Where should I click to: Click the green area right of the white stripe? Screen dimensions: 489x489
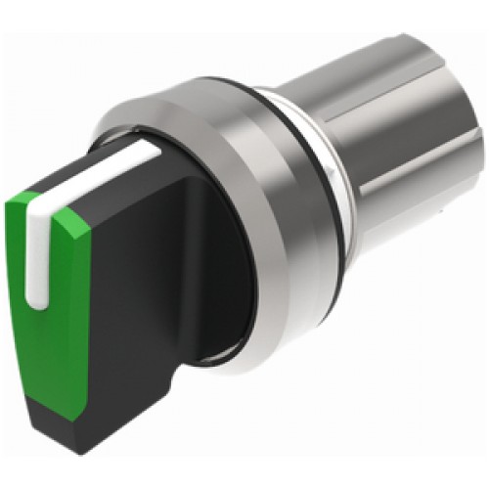click(x=68, y=274)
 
